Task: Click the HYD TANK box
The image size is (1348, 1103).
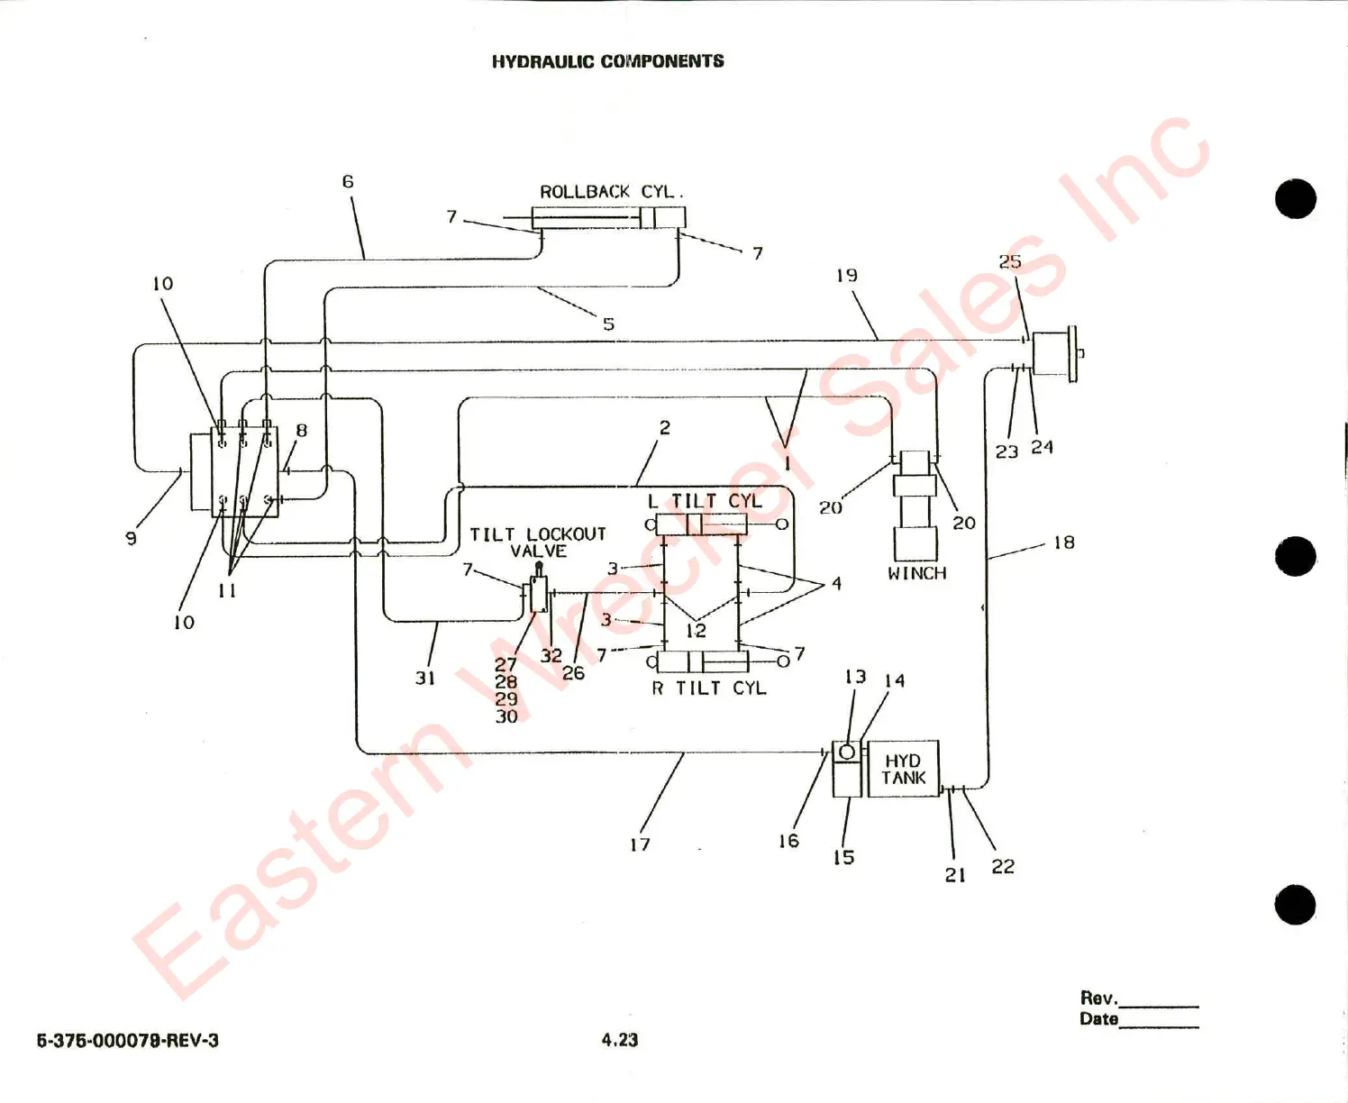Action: [903, 769]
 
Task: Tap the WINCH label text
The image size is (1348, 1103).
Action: [916, 573]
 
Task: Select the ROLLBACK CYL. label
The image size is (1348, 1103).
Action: [611, 192]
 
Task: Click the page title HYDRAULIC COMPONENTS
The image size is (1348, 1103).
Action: [607, 61]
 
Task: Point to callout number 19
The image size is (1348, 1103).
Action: [846, 275]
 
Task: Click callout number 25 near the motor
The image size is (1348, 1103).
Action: [1010, 261]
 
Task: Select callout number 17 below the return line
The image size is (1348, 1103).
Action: [640, 844]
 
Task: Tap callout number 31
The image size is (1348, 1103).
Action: [425, 678]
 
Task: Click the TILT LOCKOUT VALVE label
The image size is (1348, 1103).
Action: [538, 542]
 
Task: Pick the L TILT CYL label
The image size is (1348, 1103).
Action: [705, 500]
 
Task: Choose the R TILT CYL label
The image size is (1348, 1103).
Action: [708, 688]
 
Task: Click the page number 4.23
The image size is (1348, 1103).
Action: [620, 1039]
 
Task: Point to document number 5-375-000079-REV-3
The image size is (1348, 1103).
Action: [127, 1040]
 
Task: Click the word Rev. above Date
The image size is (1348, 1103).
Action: [1098, 998]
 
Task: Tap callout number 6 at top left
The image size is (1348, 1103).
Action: [348, 181]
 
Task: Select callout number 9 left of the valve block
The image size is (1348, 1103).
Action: [132, 538]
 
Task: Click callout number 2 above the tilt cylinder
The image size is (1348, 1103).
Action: [665, 427]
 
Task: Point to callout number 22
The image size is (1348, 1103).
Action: [1003, 866]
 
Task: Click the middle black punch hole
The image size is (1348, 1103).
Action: [1296, 555]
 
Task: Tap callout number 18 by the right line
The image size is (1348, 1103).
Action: [1064, 542]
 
